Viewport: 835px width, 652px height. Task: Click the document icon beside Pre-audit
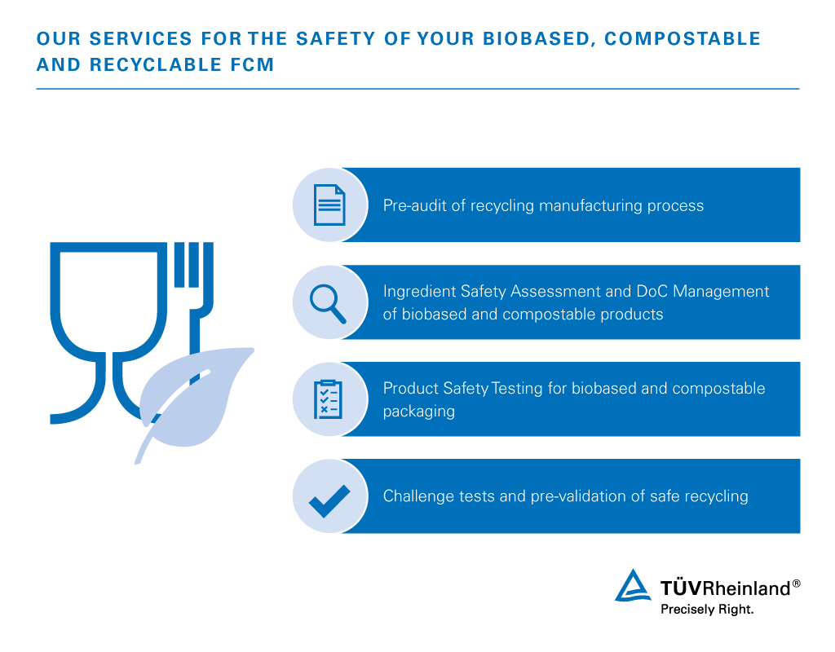pos(329,205)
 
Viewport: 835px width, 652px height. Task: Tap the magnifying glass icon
pos(328,304)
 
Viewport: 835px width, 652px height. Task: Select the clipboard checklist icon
pos(328,399)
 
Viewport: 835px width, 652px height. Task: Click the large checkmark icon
pos(329,501)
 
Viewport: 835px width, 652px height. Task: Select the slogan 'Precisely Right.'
pos(707,610)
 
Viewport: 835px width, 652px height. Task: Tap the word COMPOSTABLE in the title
pos(683,39)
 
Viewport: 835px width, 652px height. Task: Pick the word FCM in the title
pos(253,64)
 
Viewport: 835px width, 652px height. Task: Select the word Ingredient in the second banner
pos(418,292)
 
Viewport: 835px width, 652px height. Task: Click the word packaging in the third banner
pos(418,412)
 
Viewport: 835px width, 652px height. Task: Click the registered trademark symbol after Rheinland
pos(796,584)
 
